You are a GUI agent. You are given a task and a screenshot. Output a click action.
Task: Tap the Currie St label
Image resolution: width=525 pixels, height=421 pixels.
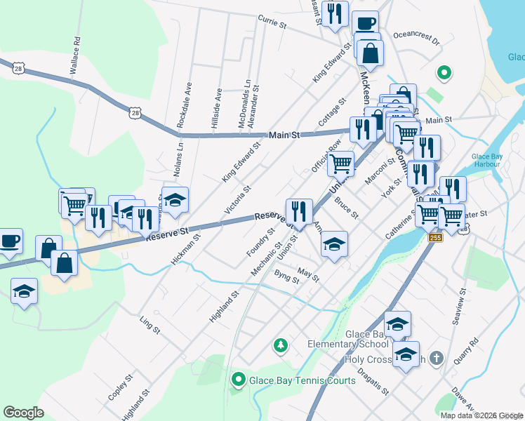[272, 22]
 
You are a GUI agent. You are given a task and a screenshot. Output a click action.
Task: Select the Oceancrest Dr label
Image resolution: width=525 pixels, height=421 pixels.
[416, 37]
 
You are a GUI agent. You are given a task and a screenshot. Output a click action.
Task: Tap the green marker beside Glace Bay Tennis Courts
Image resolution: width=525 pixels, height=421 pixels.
[238, 380]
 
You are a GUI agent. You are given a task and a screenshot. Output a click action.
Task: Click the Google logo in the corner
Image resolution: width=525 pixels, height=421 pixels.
[23, 412]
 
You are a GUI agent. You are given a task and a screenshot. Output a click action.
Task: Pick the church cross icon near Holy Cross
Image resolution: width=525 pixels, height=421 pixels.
[436, 359]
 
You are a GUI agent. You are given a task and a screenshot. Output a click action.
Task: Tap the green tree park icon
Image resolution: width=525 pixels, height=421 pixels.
[281, 345]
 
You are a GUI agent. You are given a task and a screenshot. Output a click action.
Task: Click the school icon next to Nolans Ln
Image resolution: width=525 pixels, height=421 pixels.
[175, 199]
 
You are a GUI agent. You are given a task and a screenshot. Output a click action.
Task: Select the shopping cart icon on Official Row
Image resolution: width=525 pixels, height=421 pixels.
[340, 163]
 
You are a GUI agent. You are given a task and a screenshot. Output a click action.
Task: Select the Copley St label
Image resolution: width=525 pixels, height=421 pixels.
[119, 388]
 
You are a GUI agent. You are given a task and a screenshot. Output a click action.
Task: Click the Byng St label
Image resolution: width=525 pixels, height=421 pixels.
[287, 276]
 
